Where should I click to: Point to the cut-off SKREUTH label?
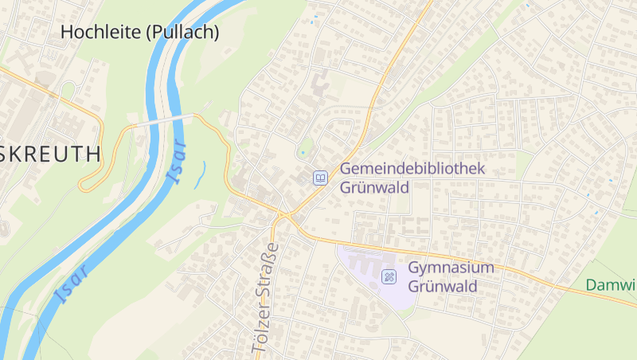[51, 154]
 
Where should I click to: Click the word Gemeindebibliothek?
[412, 169]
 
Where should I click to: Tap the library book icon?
[320, 178]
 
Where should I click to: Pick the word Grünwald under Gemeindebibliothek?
[374, 188]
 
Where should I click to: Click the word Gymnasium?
[451, 268]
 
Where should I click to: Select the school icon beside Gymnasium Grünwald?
[389, 276]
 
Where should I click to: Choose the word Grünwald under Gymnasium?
[442, 286]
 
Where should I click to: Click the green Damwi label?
[611, 285]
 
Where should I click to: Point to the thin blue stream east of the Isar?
[199, 174]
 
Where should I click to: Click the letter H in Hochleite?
[68, 33]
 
